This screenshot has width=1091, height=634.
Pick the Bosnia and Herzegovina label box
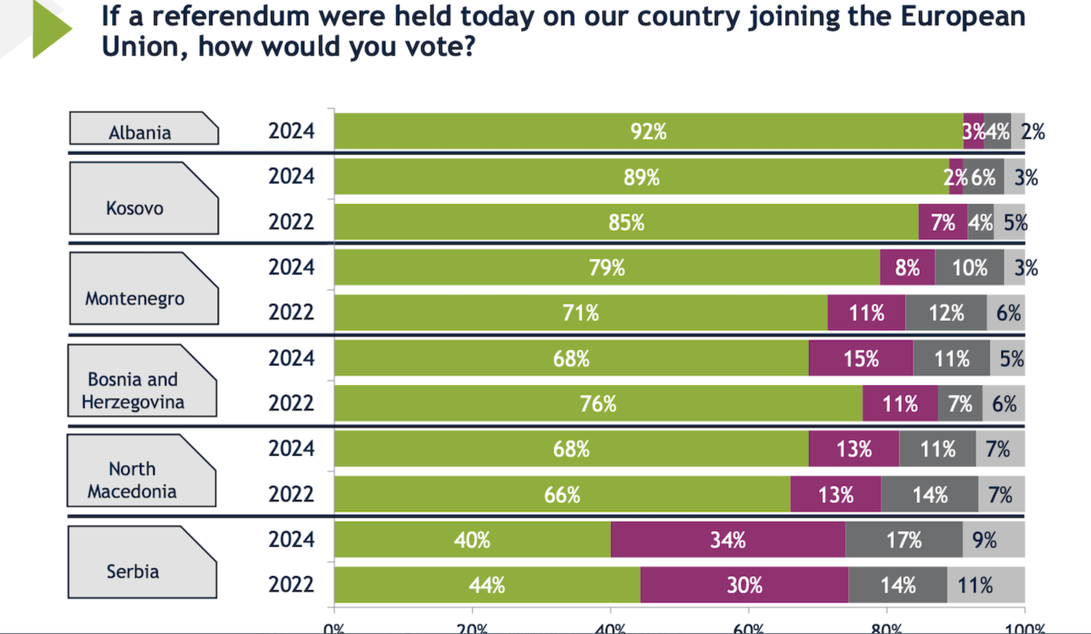click(x=141, y=381)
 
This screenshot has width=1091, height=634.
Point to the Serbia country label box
click(x=141, y=562)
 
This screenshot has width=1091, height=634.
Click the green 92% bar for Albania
click(x=648, y=132)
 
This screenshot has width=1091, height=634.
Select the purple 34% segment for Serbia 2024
click(x=727, y=540)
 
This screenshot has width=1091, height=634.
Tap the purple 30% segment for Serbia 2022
click(x=744, y=585)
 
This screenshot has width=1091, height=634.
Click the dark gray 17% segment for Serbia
click(x=903, y=540)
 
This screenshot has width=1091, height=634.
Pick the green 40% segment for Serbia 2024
click(x=472, y=540)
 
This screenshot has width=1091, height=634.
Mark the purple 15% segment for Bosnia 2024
click(x=861, y=358)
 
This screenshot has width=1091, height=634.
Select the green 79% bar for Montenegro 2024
click(x=606, y=268)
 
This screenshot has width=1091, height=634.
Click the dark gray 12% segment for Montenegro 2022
click(x=946, y=313)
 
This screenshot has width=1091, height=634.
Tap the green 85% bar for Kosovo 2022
click(x=626, y=222)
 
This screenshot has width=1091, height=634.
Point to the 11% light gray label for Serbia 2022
click(x=975, y=585)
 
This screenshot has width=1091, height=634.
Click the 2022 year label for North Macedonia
click(x=291, y=494)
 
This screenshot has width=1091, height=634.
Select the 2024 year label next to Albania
click(x=291, y=131)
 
